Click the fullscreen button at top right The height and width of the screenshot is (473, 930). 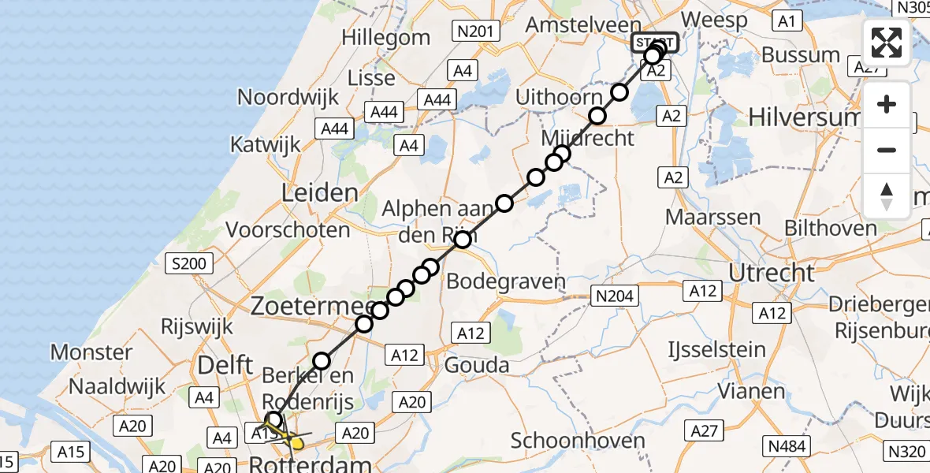tap(887, 43)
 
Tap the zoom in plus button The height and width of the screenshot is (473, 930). tap(887, 104)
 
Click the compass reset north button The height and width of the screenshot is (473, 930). tap(887, 196)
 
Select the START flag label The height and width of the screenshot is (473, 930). tap(654, 42)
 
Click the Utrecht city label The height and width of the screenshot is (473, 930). tap(772, 273)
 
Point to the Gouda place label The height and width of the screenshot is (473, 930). tap(477, 365)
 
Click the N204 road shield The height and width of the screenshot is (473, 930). tap(613, 296)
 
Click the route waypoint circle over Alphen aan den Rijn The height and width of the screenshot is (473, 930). tap(463, 239)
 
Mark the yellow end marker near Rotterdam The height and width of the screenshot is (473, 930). tap(297, 443)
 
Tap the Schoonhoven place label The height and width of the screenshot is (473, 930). tap(578, 441)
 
